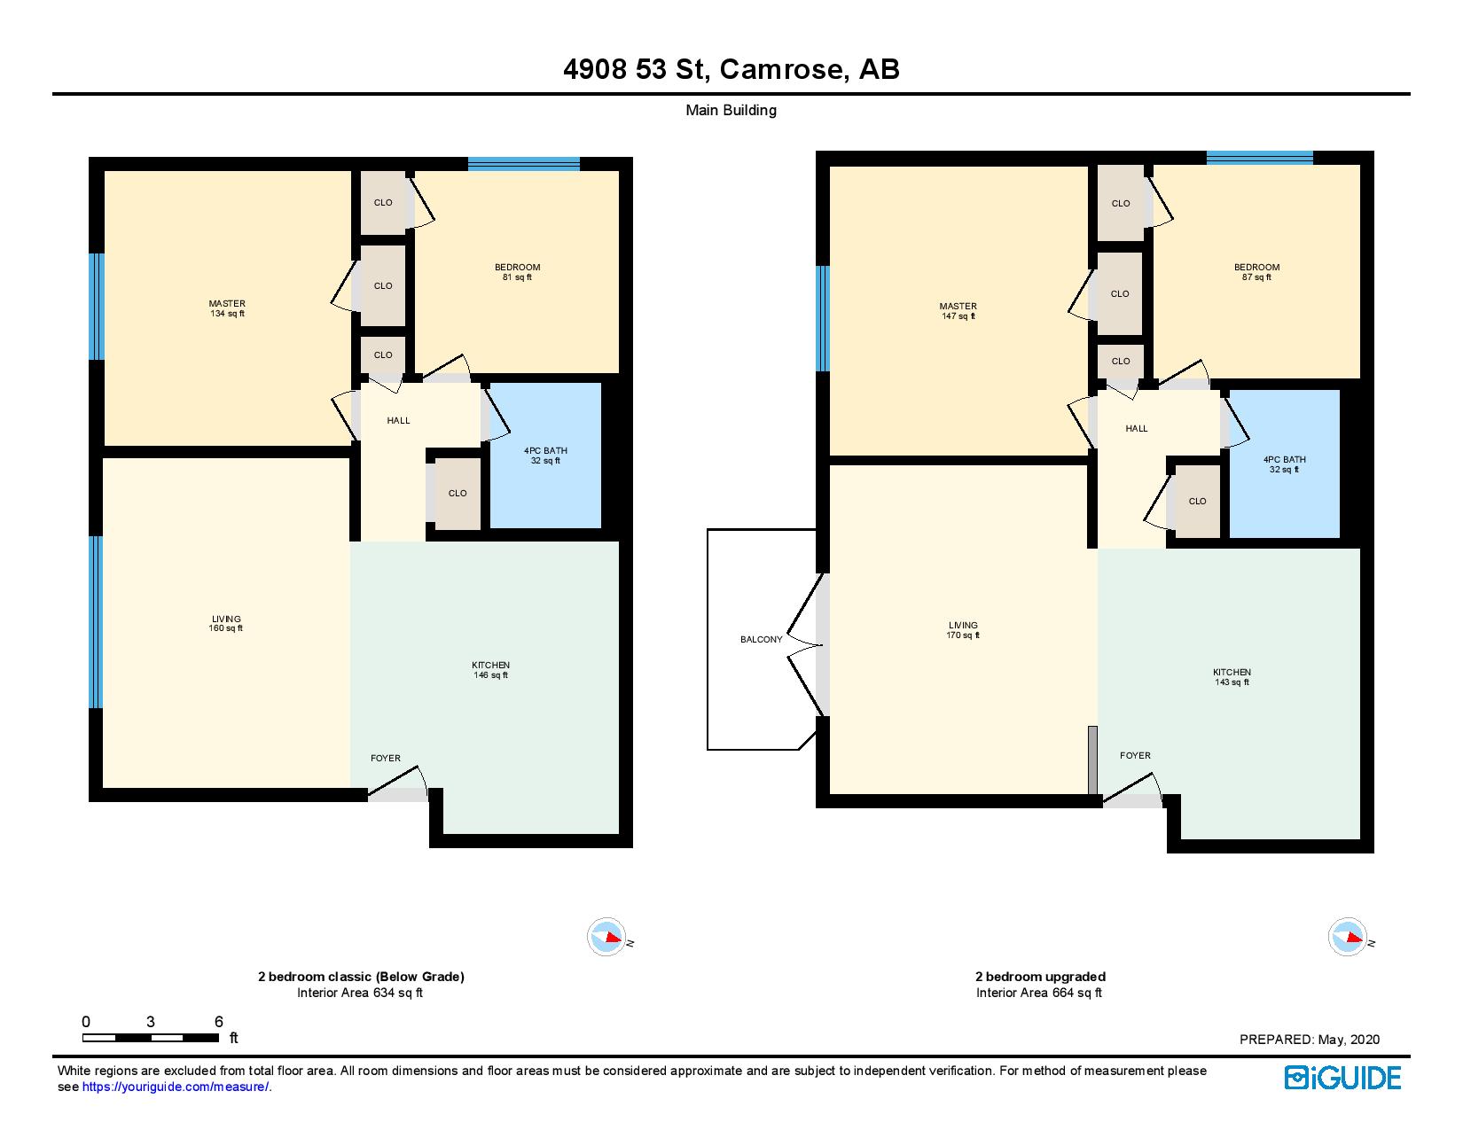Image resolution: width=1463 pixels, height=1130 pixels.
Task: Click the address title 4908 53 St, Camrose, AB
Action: (x=731, y=69)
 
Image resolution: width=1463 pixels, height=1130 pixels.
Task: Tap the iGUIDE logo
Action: (x=1342, y=1078)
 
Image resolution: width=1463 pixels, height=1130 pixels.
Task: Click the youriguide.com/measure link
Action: (x=176, y=1087)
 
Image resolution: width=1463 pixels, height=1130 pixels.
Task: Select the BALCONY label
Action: (x=761, y=639)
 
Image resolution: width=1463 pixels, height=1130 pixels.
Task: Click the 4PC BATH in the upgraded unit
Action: (x=1284, y=464)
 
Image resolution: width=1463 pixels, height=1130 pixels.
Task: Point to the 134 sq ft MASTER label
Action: (x=227, y=308)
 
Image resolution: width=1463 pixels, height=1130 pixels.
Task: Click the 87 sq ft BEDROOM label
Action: (x=1256, y=272)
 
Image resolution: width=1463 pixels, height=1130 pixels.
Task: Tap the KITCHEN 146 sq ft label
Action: (x=490, y=670)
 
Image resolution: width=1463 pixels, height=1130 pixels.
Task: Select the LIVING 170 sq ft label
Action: (x=963, y=630)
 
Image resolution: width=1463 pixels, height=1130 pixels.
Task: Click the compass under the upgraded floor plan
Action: (x=1347, y=937)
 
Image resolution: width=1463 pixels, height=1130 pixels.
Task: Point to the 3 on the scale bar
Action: (x=152, y=1021)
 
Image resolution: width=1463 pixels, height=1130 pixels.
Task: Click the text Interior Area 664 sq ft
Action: (x=1038, y=993)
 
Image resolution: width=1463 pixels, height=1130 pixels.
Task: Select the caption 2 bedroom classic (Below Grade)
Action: (x=361, y=977)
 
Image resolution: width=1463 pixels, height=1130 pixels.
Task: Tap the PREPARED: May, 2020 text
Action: (x=1309, y=1040)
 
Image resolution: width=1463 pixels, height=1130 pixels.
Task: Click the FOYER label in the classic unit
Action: (x=385, y=758)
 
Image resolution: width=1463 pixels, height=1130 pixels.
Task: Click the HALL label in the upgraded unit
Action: (x=1136, y=428)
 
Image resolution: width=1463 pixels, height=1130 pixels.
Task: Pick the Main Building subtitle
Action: (x=731, y=111)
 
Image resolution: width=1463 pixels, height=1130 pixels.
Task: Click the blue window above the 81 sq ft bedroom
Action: (x=523, y=163)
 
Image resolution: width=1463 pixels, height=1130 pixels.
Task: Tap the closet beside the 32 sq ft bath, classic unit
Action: (x=458, y=493)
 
